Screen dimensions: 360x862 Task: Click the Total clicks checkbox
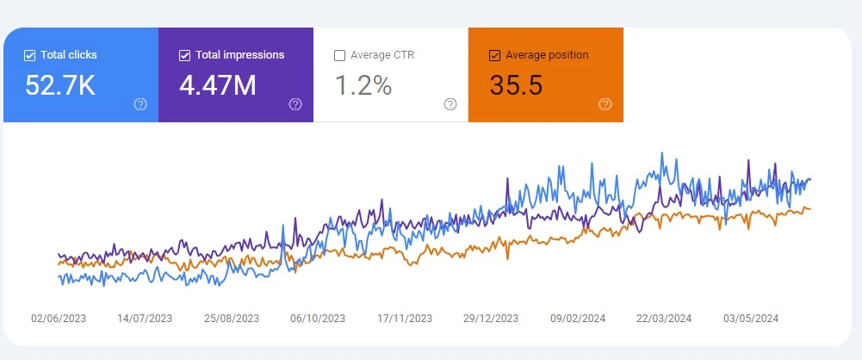(x=30, y=55)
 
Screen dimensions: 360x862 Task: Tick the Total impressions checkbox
(x=184, y=55)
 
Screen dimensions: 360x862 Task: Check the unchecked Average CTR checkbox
(x=339, y=55)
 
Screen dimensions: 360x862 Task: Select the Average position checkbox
(x=494, y=55)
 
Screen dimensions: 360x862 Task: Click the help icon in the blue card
(x=140, y=104)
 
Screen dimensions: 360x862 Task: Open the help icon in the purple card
(x=295, y=104)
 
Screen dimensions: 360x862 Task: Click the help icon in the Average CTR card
(x=450, y=104)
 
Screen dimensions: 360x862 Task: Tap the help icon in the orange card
(x=605, y=104)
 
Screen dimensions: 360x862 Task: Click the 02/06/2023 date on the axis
(x=59, y=318)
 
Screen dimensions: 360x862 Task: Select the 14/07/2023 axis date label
(x=145, y=318)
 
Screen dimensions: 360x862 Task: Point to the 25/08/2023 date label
(x=232, y=318)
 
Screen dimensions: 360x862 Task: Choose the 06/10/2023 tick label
(x=318, y=318)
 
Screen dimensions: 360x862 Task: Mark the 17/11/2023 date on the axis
(x=405, y=318)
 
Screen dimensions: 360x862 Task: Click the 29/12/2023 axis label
(x=491, y=318)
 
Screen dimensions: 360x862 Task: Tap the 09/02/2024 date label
(x=578, y=318)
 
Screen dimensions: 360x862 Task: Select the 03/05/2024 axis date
(x=751, y=318)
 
